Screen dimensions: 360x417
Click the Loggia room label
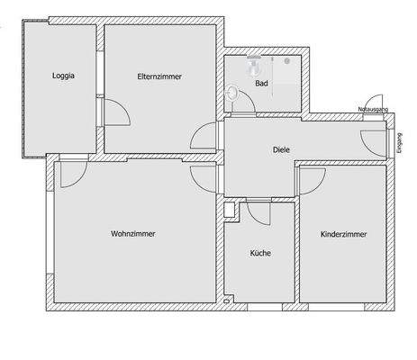pos(63,76)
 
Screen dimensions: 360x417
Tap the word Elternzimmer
pos(160,76)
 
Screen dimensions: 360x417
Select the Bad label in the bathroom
pos(261,84)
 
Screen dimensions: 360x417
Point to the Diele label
pos(281,151)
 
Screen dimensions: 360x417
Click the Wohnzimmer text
pos(133,233)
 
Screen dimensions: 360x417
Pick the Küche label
pos(260,253)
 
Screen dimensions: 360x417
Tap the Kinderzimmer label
pos(344,234)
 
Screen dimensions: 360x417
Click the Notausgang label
pos(373,108)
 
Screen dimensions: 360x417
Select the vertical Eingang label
pos(400,144)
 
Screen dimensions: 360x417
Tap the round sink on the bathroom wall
pos(233,91)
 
